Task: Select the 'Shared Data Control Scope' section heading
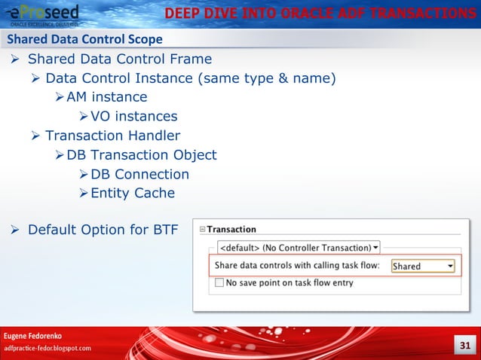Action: click(x=84, y=39)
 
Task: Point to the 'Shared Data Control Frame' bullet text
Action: click(x=120, y=59)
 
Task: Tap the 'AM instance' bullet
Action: click(x=106, y=97)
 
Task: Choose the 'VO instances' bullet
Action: click(x=133, y=116)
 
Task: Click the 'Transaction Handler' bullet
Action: click(x=112, y=136)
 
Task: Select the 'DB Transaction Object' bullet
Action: click(x=141, y=154)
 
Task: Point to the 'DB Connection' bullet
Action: click(x=139, y=174)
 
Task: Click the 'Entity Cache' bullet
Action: click(x=132, y=193)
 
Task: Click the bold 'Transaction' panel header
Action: click(x=231, y=230)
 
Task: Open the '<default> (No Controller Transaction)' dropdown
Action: click(x=299, y=247)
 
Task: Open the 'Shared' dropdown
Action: click(x=422, y=266)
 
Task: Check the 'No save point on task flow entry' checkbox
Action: click(x=219, y=283)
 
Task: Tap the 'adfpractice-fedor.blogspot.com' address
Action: click(x=48, y=348)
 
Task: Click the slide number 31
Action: click(x=464, y=346)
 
